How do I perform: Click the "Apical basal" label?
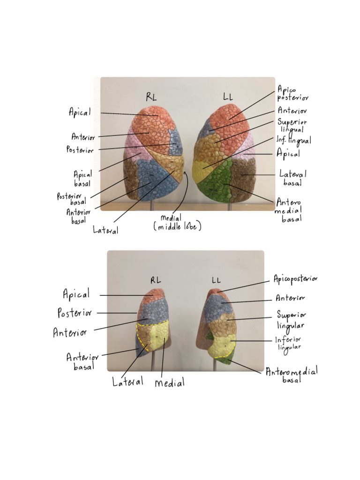coord(82,178)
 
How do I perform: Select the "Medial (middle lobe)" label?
coord(177,222)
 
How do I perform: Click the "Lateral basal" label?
coord(293,178)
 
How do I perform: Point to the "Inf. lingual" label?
coord(294,140)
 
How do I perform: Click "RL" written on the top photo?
coord(151,97)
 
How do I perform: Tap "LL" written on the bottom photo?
coord(216,280)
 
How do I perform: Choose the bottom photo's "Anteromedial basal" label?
coord(292,375)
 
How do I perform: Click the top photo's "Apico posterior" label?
coord(293,93)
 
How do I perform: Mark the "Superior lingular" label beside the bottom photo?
coord(291,320)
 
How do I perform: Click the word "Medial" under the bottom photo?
coord(169,383)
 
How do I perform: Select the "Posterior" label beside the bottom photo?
coord(75,313)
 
